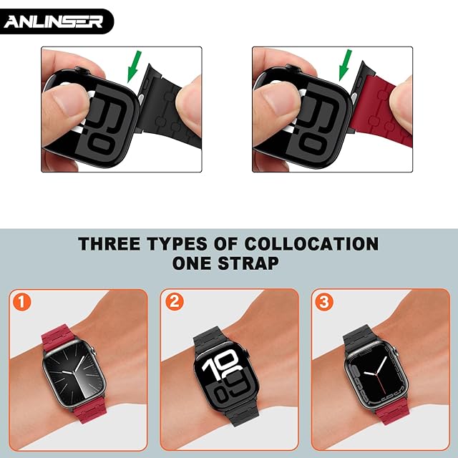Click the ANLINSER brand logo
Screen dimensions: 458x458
click(54, 21)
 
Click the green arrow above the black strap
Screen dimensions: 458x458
click(134, 67)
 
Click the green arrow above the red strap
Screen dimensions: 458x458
click(345, 65)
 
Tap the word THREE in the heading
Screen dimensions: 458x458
click(109, 244)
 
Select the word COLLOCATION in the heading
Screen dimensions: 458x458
click(312, 244)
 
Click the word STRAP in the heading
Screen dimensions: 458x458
click(248, 263)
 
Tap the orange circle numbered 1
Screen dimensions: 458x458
click(22, 302)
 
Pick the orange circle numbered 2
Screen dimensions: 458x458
click(175, 301)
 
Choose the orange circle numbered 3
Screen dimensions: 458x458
click(324, 301)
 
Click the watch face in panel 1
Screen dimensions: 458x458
click(74, 374)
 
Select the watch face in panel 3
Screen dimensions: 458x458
click(377, 374)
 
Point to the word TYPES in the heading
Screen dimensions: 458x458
click(177, 244)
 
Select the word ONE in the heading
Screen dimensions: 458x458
click(192, 263)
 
